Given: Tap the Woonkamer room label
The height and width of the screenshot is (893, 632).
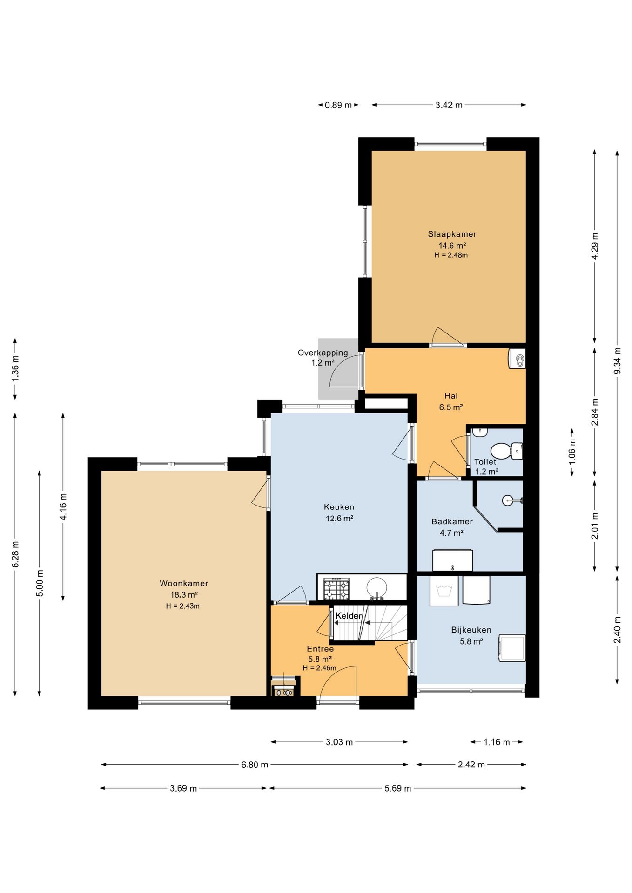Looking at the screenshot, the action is pyautogui.click(x=184, y=583).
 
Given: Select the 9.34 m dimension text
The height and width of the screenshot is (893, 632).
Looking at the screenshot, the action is pyautogui.click(x=617, y=361).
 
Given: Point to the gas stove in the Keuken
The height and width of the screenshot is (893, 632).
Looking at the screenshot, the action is pyautogui.click(x=336, y=589).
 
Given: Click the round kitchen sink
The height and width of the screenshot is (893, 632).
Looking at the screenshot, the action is pyautogui.click(x=377, y=588).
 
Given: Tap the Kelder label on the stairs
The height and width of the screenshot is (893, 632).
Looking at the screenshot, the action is pyautogui.click(x=349, y=616).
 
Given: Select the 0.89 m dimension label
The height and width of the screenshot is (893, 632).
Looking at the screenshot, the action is pyautogui.click(x=338, y=105).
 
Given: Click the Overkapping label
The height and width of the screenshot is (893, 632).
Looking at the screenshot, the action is pyautogui.click(x=323, y=353).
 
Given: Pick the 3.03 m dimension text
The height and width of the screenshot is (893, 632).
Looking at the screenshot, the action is pyautogui.click(x=339, y=742).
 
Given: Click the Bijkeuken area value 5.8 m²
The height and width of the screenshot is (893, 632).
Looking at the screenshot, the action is pyautogui.click(x=471, y=641).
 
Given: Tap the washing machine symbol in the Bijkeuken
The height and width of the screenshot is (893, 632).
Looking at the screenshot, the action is pyautogui.click(x=444, y=591).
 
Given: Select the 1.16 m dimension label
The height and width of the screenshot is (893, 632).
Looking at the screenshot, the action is pyautogui.click(x=497, y=742).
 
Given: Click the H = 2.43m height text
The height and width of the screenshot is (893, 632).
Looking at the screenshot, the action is pyautogui.click(x=183, y=606).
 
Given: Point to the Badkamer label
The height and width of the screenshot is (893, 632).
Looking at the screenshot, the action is pyautogui.click(x=452, y=522).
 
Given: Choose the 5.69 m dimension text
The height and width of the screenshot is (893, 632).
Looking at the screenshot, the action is pyautogui.click(x=398, y=788).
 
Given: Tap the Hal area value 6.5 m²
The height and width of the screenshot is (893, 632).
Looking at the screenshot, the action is pyautogui.click(x=451, y=407).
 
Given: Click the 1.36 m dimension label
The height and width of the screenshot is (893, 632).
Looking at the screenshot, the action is pyautogui.click(x=15, y=368).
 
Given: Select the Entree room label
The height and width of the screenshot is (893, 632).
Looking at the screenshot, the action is pyautogui.click(x=320, y=649).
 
